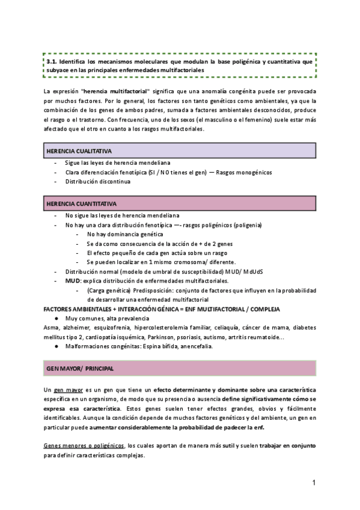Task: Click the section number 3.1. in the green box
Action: coord(52,61)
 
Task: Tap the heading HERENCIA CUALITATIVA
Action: coord(81,150)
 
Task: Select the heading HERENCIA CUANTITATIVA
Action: coord(82,204)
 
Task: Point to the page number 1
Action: coord(314,483)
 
